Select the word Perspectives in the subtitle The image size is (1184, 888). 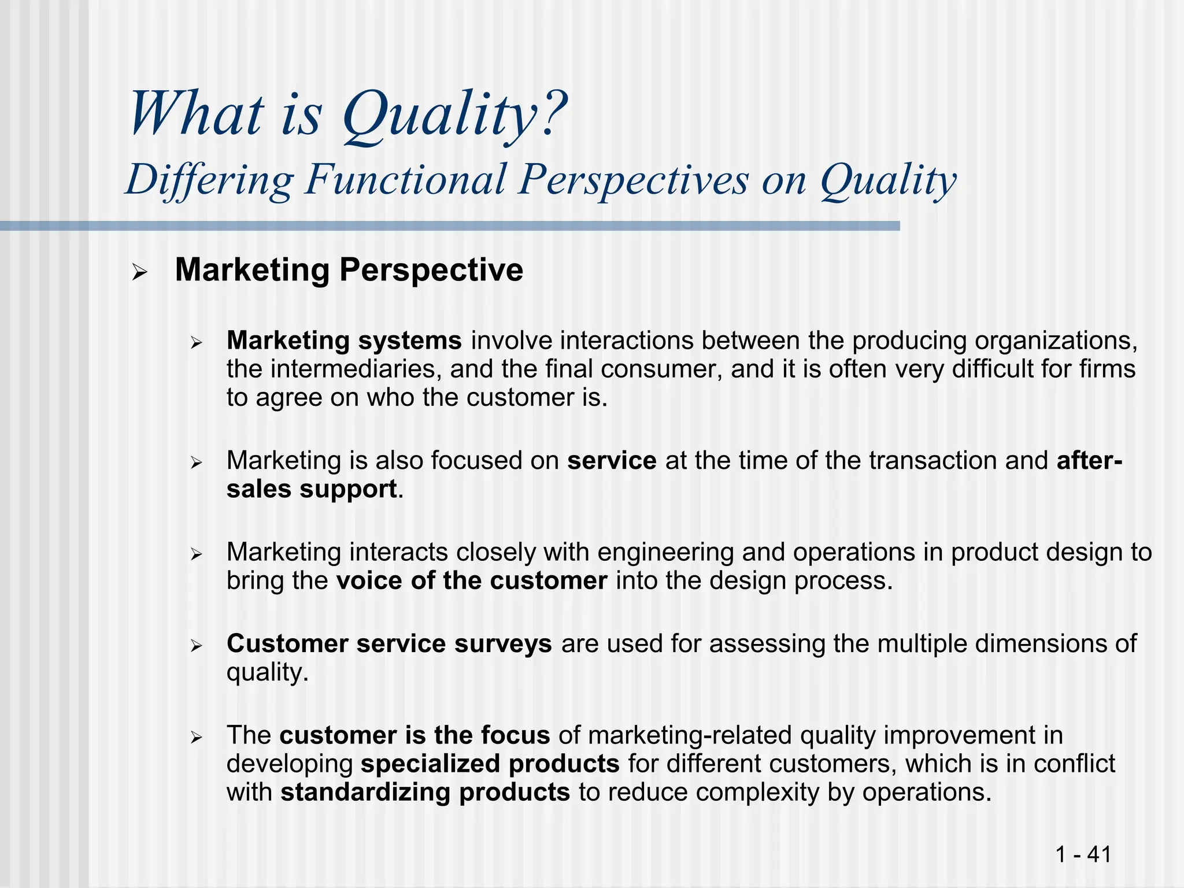633,180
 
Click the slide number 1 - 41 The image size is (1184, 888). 1083,853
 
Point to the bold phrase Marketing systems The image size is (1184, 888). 344,341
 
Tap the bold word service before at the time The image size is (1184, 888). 611,461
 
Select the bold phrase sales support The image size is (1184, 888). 311,489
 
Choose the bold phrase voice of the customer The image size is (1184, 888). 471,581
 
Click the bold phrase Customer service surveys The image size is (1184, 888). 388,644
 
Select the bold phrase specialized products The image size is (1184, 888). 490,764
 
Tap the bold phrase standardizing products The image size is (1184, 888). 425,792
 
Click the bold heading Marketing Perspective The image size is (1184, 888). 349,270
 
